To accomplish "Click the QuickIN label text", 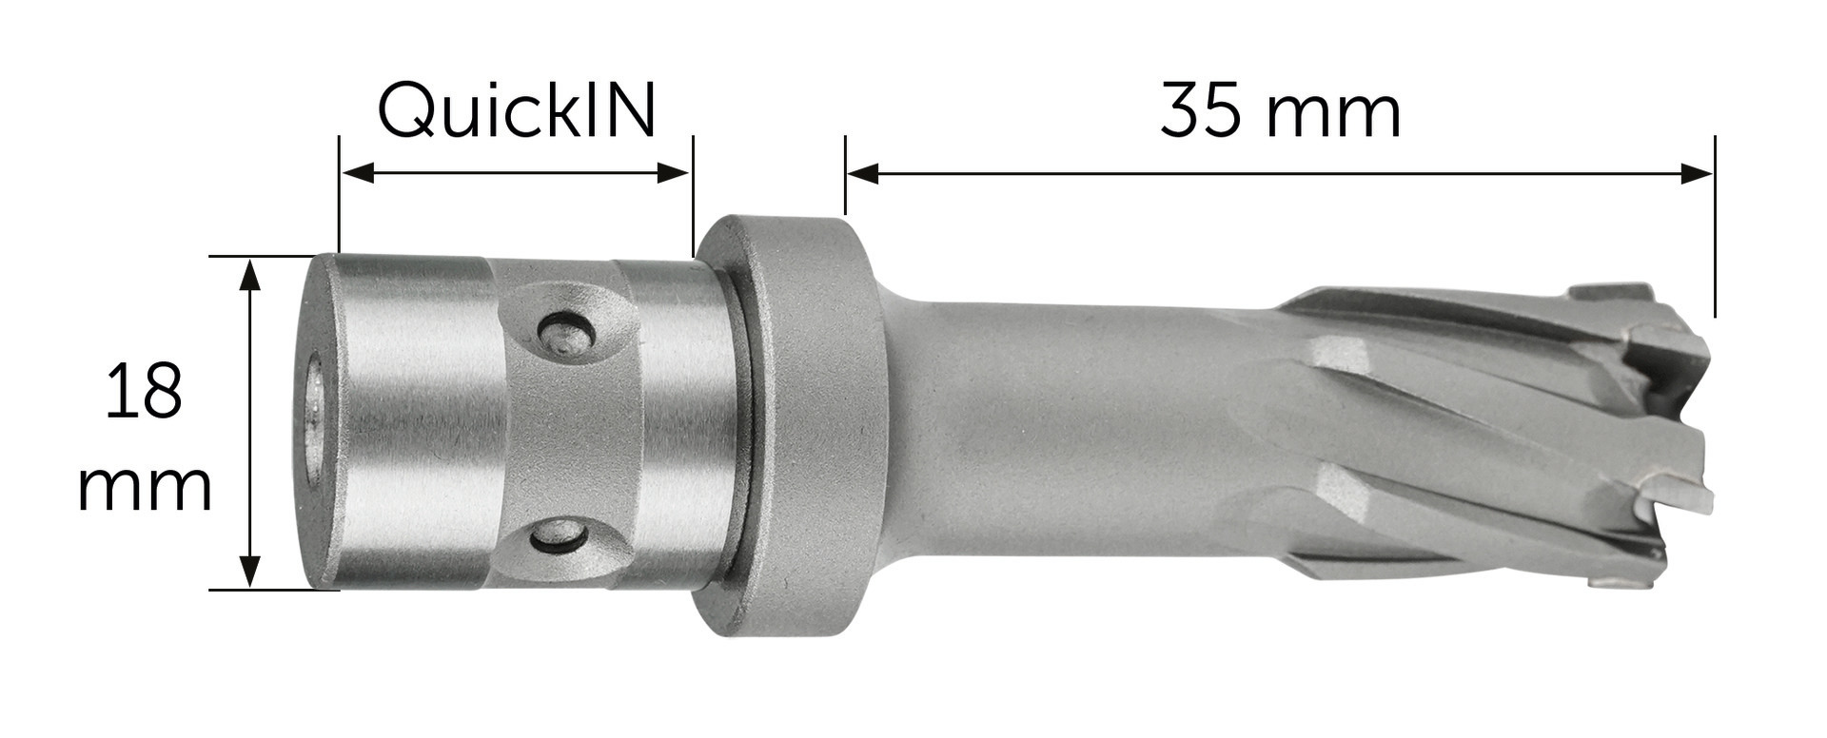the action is (x=518, y=111).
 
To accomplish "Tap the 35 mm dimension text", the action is (x=1280, y=111).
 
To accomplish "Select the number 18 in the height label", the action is (x=144, y=390).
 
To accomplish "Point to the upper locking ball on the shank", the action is (x=566, y=332).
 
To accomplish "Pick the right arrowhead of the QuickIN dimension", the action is (x=673, y=173).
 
